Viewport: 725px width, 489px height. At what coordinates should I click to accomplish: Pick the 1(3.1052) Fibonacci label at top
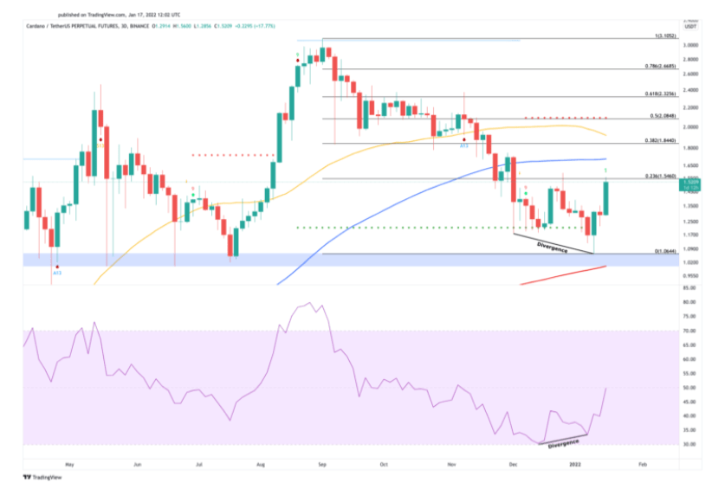pos(663,37)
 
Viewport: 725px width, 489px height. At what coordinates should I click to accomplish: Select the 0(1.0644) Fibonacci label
pos(662,252)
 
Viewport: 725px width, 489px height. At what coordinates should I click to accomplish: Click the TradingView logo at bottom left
pos(41,476)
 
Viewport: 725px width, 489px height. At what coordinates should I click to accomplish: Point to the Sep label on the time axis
pos(321,464)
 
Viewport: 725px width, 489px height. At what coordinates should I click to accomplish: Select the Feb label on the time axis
pos(640,464)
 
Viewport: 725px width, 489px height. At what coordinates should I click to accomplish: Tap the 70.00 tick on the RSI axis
pos(690,331)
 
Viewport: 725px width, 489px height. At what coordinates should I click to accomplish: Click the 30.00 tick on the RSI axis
pos(690,444)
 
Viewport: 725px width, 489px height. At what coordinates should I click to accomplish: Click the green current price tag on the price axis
pos(691,183)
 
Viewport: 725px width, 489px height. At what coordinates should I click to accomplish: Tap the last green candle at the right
pos(606,197)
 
